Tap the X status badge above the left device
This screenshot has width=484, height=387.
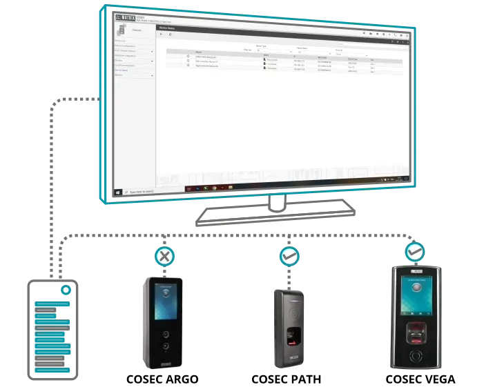coord(164,257)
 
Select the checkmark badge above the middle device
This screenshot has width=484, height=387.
coord(289,257)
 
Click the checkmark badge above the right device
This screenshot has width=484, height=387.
coord(414,252)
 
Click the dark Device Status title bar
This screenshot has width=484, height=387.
coord(276,28)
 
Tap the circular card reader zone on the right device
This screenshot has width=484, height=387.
coord(415,356)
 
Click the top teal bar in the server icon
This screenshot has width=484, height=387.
coord(52,304)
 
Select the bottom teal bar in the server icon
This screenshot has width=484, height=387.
coord(52,370)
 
